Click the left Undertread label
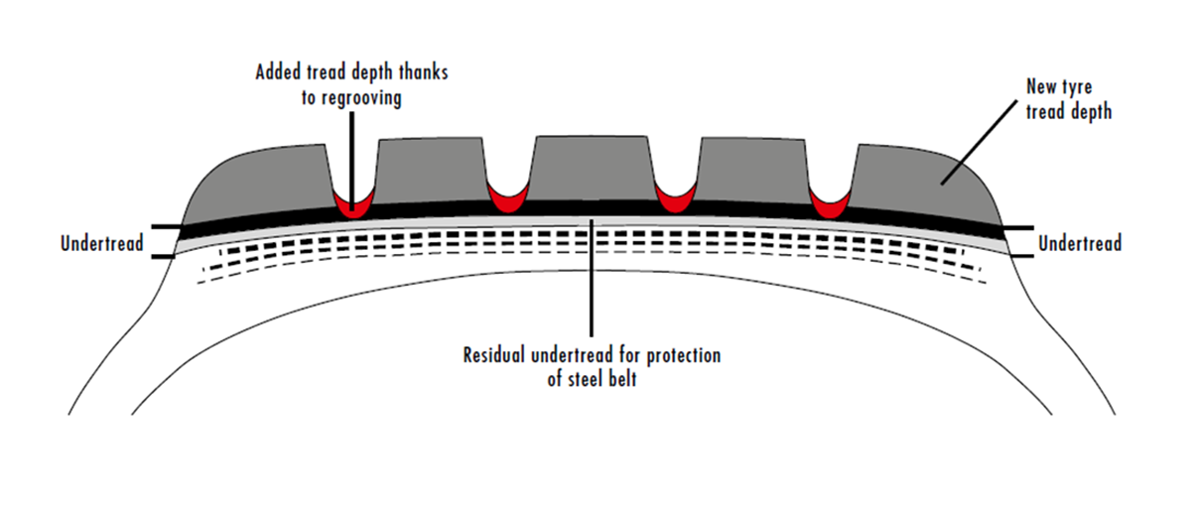(101, 243)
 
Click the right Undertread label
(1080, 243)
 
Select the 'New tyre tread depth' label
(1068, 100)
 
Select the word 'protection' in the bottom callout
(684, 355)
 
